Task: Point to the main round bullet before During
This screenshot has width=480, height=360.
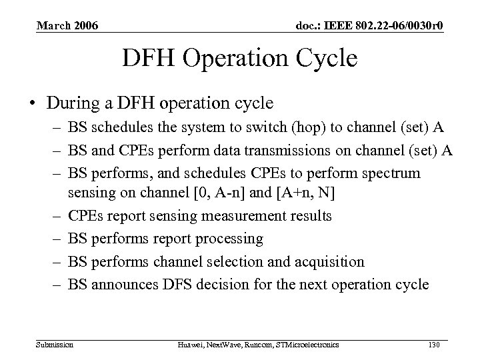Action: click(x=32, y=103)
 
